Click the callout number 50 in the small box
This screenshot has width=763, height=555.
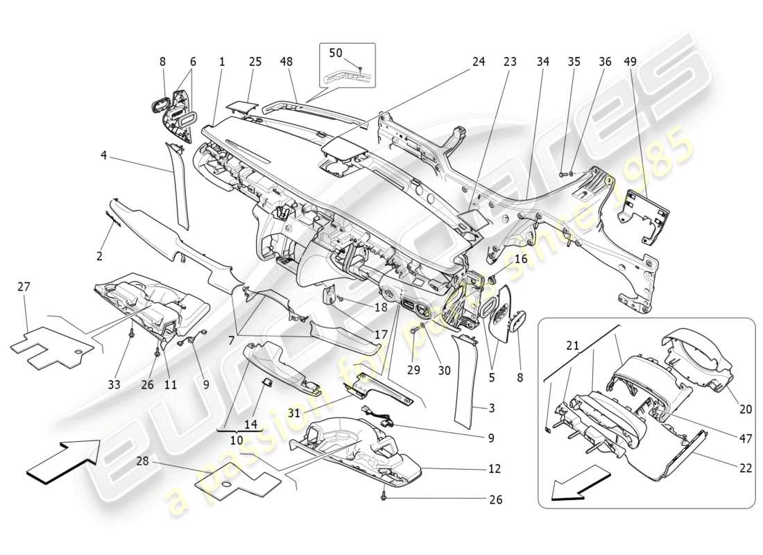336,53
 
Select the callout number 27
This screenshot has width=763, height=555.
24,287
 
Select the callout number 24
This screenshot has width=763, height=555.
479,62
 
